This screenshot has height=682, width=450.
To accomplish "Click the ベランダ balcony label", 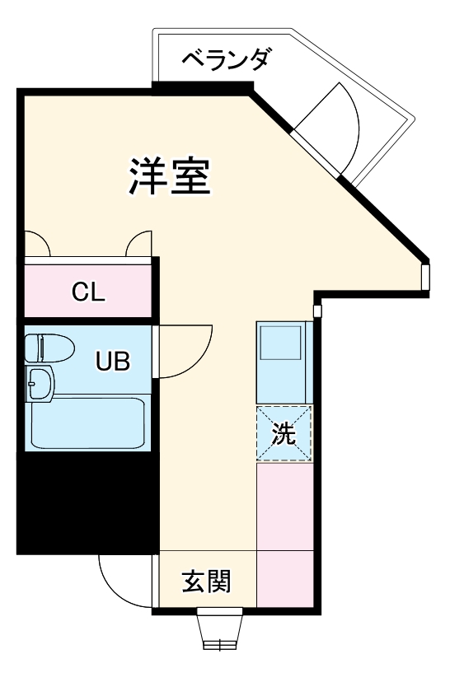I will click(225, 60).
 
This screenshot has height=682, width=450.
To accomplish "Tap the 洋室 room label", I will click(171, 175).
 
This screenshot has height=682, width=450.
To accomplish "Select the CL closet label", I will click(87, 292).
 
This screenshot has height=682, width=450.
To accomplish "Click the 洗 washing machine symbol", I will click(284, 434).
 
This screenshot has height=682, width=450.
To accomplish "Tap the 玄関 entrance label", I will click(206, 582).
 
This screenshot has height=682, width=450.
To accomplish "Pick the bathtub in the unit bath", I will click(87, 423).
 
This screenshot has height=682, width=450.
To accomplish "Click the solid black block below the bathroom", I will click(87, 502).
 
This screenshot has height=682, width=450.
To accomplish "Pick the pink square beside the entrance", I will click(285, 580).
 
